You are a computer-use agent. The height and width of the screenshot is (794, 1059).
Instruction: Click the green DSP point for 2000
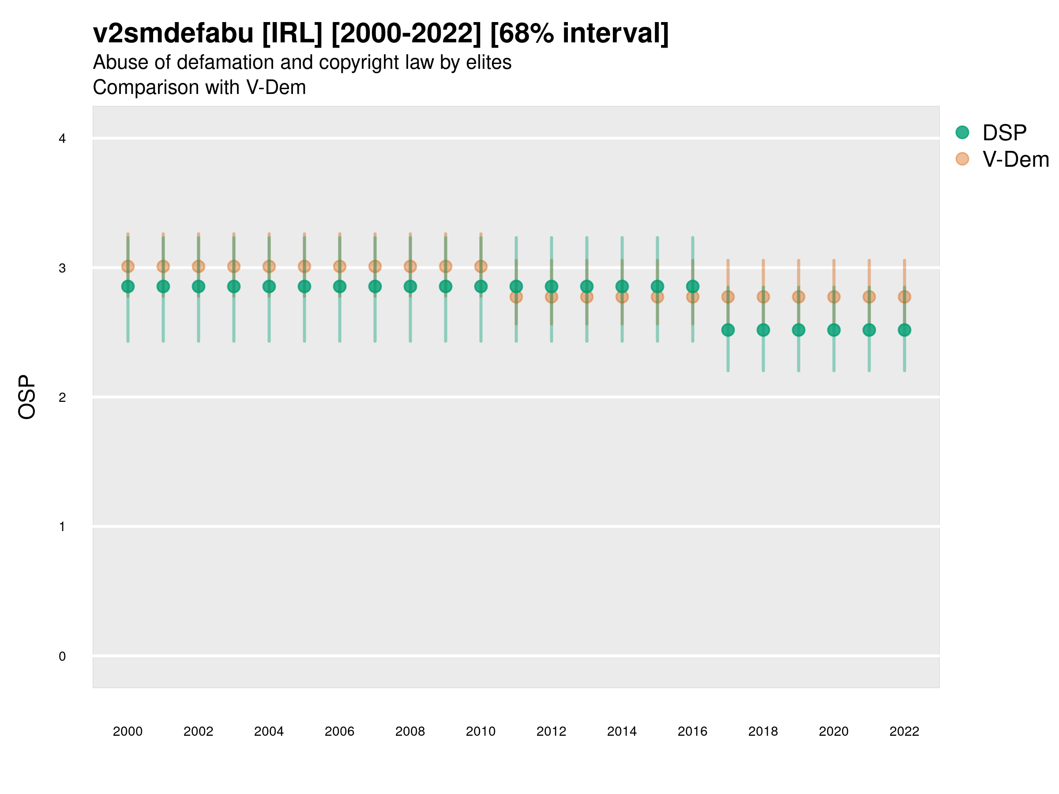128,286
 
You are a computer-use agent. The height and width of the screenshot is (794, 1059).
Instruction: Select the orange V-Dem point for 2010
481,266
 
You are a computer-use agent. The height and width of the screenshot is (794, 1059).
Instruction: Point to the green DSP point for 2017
728,330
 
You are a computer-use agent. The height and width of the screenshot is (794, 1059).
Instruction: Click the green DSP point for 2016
692,286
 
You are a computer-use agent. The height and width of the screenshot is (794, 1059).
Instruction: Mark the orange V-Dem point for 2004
269,266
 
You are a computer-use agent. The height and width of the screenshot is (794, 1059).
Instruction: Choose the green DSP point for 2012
552,286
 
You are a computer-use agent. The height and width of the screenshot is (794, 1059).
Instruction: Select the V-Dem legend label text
1015,159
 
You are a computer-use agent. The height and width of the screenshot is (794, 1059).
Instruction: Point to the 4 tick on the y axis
62,139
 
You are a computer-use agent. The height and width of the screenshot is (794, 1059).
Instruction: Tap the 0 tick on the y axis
62,656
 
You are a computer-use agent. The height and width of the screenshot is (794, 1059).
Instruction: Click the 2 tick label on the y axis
62,397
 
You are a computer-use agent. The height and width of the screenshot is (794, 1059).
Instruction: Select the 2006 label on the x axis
339,731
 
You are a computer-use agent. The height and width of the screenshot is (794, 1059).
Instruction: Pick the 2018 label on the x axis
763,731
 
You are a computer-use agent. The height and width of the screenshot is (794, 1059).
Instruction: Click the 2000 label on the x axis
128,731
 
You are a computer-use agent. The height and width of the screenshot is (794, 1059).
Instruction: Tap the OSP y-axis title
27,397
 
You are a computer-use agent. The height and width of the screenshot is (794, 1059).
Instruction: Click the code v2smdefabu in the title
173,34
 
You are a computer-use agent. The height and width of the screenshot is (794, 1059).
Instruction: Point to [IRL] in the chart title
292,34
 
